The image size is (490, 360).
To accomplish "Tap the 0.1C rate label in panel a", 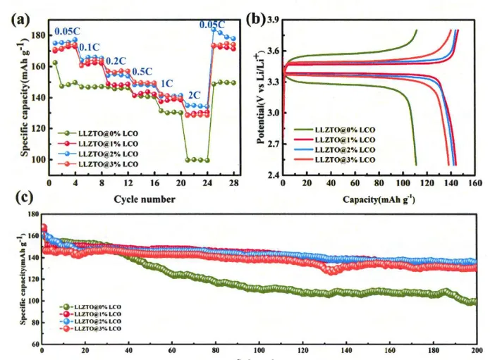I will pos(89,47).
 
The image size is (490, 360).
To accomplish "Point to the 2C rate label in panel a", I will pos(194,94).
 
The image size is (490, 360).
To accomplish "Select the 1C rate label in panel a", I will pos(167,82).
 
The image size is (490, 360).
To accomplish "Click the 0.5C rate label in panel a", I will pos(142,71).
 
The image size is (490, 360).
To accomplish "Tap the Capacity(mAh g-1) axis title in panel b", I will pos(379,199).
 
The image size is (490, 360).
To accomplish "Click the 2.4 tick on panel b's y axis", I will pos(274,175).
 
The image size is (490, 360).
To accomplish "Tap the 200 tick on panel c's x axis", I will pos(476,350).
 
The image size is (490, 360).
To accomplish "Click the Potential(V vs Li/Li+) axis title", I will pos(261,99).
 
